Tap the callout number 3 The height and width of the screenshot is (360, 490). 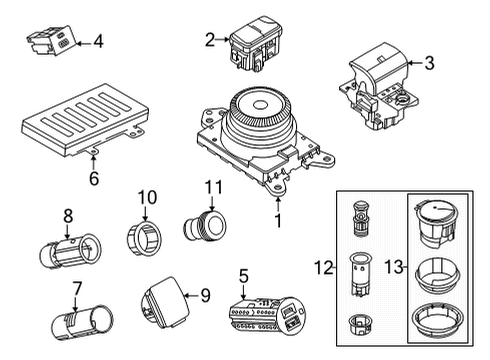(429, 64)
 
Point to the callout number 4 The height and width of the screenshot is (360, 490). (98, 41)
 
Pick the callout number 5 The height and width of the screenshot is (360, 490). (242, 275)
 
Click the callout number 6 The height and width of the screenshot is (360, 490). (94, 180)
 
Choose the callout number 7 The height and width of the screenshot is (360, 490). (76, 290)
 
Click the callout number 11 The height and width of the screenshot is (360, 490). (211, 187)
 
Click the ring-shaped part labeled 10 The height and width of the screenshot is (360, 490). (145, 237)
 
